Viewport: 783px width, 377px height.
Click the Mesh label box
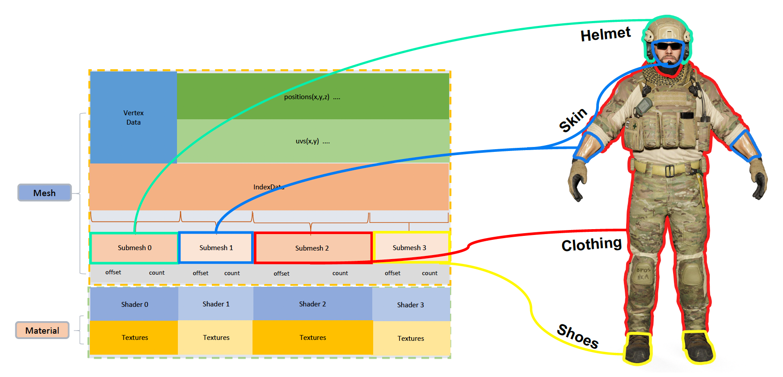coord(44,193)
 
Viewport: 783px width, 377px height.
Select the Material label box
coord(42,330)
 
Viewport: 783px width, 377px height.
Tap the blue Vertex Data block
coord(133,117)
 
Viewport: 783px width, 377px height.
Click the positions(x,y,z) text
coord(307,97)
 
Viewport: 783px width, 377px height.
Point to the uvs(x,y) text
coord(307,141)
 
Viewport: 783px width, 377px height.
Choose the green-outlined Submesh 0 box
coord(135,248)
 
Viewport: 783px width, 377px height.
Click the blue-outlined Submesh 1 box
coord(216,247)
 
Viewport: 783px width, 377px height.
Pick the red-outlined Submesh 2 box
coord(312,248)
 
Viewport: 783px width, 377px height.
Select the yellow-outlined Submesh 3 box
coord(409,247)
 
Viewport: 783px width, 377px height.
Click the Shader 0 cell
coord(135,304)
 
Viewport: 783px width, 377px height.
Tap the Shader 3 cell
coord(410,305)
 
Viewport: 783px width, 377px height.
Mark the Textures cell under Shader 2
coord(312,338)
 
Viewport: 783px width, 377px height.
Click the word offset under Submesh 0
coord(113,272)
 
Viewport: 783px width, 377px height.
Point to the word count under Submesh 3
coord(429,273)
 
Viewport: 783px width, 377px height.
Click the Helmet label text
coord(605,34)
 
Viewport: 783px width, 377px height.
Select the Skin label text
coord(573,120)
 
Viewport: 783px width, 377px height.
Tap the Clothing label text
coord(591,244)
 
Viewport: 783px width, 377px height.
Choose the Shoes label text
coord(577,336)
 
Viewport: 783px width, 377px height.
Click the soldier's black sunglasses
coord(669,46)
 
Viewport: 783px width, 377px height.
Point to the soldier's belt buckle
coord(669,171)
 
